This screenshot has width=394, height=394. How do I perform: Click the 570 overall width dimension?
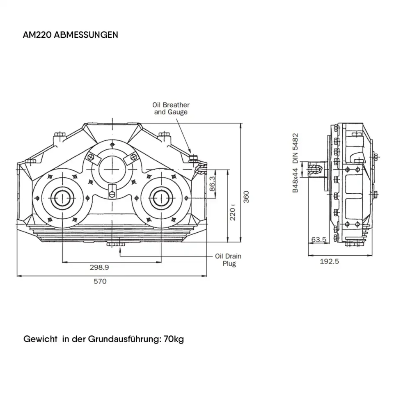tap(100, 281)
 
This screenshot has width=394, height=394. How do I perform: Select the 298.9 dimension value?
tap(99, 267)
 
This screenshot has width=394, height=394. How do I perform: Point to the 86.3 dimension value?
tap(212, 183)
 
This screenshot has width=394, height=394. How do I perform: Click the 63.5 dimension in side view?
tap(318, 239)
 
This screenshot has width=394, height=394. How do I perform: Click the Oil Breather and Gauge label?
tap(171, 108)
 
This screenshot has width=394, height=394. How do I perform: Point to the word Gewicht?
tap(40, 340)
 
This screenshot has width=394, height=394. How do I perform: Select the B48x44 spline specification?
tap(295, 180)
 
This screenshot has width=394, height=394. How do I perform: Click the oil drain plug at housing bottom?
tap(115, 244)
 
